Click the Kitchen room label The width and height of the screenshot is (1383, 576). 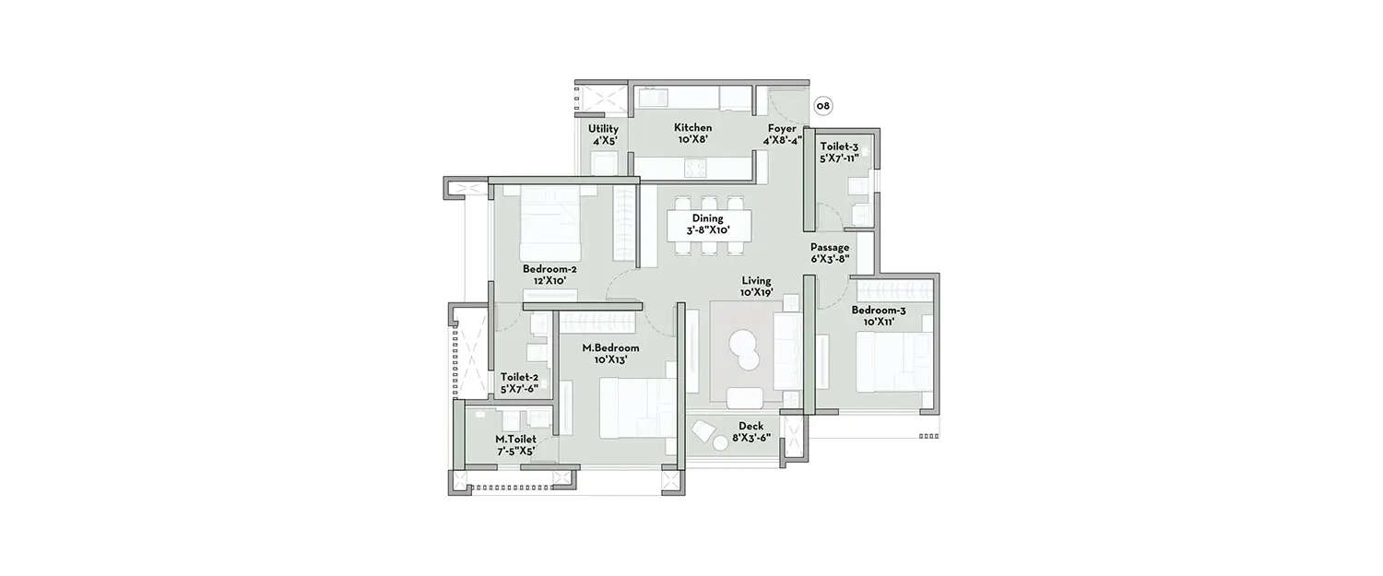click(x=692, y=128)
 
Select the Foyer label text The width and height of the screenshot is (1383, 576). click(x=782, y=128)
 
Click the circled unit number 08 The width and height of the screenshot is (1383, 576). click(x=822, y=106)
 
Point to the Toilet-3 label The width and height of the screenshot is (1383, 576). click(x=839, y=146)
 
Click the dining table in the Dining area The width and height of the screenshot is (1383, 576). click(x=708, y=224)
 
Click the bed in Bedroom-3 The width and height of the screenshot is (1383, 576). click(x=891, y=362)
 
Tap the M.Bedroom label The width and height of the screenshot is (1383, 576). click(x=610, y=348)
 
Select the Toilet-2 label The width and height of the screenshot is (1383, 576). click(x=519, y=377)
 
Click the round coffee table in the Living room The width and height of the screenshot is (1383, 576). click(x=743, y=349)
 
